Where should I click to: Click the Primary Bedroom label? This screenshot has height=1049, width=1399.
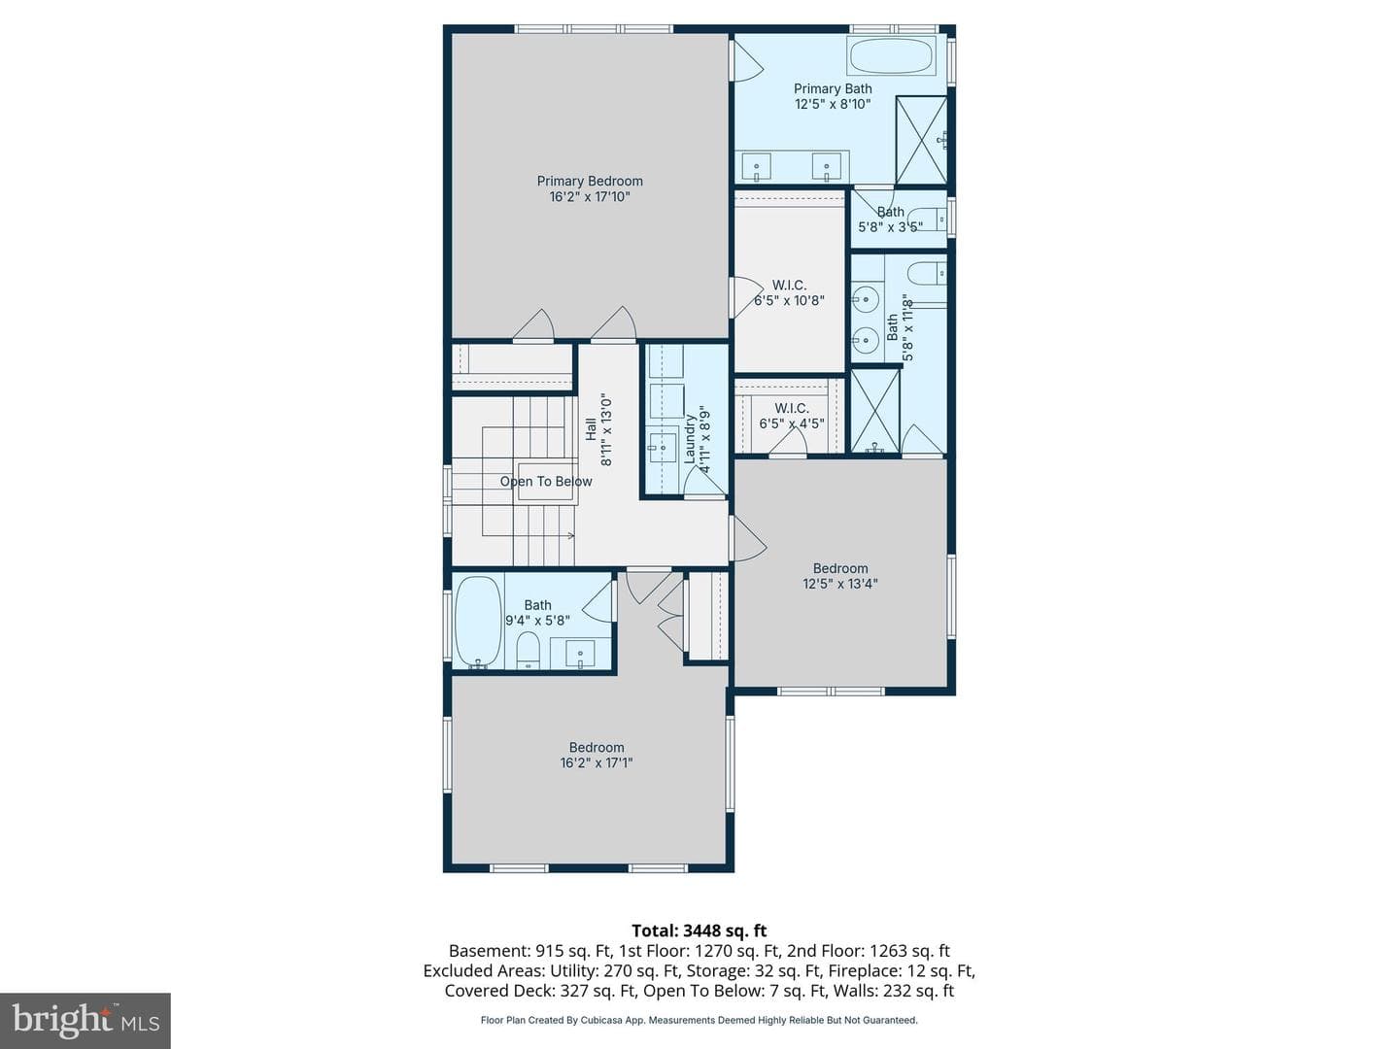590,188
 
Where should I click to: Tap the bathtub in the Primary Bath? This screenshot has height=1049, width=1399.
891,55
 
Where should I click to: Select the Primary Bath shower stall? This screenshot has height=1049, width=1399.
921,140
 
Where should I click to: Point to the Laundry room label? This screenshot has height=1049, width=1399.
696,439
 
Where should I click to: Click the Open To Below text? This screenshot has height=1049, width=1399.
546,482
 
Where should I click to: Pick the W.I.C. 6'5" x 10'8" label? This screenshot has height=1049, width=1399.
789,292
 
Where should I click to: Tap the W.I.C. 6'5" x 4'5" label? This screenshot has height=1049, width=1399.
792,416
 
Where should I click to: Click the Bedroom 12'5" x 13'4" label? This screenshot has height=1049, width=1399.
840,576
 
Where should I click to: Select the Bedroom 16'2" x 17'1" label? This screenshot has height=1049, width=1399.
596,755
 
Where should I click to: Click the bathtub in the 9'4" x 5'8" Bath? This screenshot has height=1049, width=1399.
479,623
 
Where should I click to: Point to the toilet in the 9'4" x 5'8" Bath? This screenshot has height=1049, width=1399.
528,650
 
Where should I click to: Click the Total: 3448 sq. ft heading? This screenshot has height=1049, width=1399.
699,931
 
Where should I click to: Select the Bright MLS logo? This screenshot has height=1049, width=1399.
85,1020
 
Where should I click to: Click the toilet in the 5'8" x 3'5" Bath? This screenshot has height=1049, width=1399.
927,220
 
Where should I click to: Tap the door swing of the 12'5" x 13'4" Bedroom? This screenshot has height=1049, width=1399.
748,538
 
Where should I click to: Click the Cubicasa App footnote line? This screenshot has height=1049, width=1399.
699,1020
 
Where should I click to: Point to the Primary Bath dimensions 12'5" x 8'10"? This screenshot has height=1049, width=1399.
833,105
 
